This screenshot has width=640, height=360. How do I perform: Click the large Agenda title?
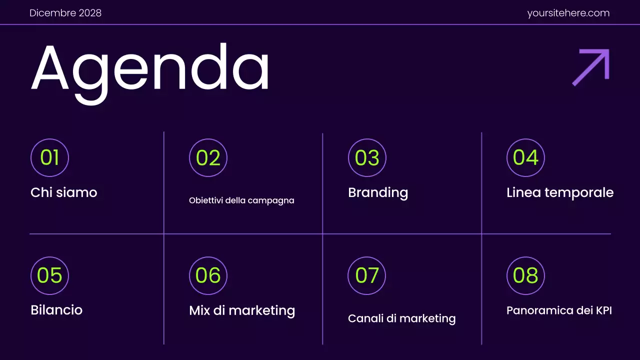pos(150,70)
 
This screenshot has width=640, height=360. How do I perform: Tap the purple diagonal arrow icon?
pos(591,66)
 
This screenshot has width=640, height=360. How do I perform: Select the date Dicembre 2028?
pos(65,13)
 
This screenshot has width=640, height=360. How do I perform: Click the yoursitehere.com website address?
pos(568,13)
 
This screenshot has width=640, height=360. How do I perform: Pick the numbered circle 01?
pos(49,157)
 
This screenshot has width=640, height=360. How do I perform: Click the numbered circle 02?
pos(208,157)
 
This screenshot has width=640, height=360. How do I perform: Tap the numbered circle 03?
pos(367,157)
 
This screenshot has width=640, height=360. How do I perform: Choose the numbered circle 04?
pos(525,157)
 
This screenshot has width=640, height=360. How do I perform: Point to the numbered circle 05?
pos(49,275)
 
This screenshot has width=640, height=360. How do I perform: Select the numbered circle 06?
pos(208,275)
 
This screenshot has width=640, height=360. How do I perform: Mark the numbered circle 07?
pos(367,275)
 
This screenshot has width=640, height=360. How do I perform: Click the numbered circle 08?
pos(525,275)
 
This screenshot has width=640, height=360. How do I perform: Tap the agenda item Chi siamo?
pos(64,192)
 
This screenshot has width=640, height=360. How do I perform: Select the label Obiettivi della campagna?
pos(241,200)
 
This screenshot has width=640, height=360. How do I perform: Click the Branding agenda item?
pos(378,192)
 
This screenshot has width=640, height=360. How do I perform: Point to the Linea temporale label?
pos(560,192)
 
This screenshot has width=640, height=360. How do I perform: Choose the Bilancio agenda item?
pos(56,310)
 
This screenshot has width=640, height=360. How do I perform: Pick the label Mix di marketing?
pos(242,310)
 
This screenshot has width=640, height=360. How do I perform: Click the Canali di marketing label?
pos(401,318)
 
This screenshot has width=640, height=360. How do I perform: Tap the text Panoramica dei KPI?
pos(559,310)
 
